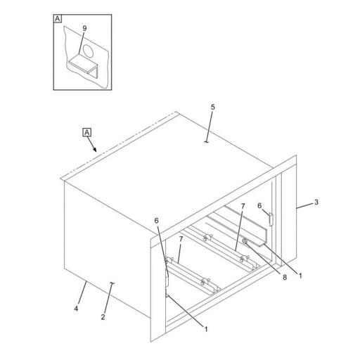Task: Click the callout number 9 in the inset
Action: tap(84, 28)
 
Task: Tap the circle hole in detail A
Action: tap(89, 51)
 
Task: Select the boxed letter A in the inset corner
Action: tap(58, 18)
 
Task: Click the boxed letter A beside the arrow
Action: tap(87, 132)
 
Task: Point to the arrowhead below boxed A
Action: tap(95, 150)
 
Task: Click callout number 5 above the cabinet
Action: tap(212, 108)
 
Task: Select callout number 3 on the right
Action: tap(316, 202)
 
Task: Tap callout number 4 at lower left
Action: tap(76, 309)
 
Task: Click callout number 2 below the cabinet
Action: tap(103, 317)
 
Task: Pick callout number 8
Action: tap(285, 278)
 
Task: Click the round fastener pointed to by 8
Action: tap(245, 241)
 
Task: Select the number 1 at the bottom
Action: tap(206, 329)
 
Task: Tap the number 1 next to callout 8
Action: tap(300, 276)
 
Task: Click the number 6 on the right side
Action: tap(259, 206)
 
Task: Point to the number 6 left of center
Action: tap(156, 221)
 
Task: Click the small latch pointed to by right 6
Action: tap(271, 219)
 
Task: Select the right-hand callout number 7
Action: tap(243, 206)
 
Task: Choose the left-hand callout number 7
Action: tap(181, 239)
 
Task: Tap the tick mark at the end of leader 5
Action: tap(206, 141)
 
